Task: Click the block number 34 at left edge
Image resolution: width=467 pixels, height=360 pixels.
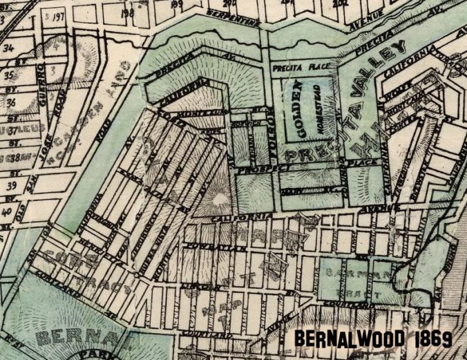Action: click(9, 48)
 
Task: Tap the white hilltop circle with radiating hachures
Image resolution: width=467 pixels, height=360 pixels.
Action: click(216, 200)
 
